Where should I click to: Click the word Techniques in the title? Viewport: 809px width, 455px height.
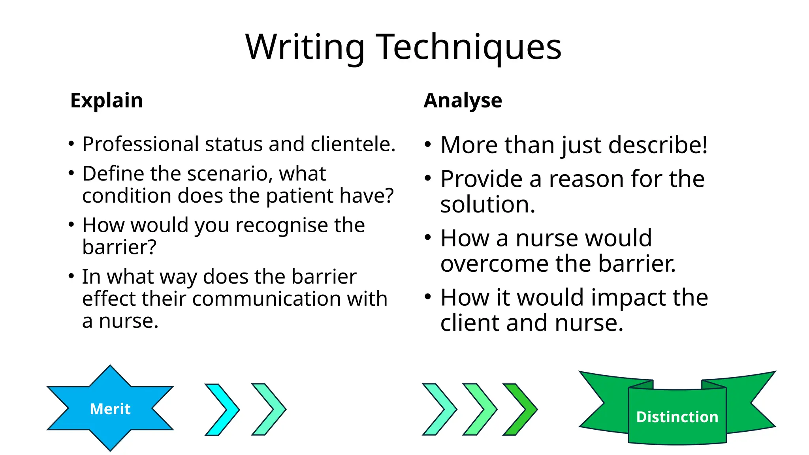point(469,47)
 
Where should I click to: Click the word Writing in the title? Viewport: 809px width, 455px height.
point(305,47)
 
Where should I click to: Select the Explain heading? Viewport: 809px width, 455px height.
point(107,100)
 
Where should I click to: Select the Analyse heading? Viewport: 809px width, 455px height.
point(463,100)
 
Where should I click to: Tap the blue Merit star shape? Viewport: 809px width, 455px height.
point(110,408)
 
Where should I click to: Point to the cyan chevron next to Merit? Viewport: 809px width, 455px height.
point(222,409)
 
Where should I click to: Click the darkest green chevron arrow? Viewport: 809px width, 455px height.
point(520,409)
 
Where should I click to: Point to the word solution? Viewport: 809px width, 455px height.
point(488,205)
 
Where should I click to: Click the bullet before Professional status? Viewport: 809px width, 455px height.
point(71,144)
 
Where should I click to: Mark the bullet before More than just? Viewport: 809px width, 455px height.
point(428,145)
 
